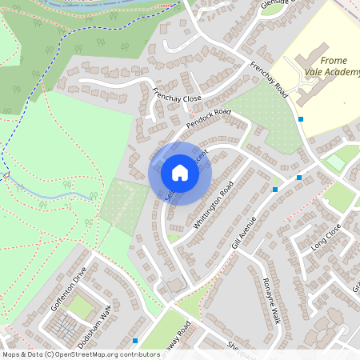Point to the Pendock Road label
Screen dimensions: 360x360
pos(209,119)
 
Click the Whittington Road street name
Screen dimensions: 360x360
pos(213,206)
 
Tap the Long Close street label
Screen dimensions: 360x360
pos(326,238)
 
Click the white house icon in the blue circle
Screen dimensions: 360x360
pos(180,173)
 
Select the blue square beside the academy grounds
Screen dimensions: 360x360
pos(301,119)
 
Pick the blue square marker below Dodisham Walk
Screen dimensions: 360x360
pos(135,340)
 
